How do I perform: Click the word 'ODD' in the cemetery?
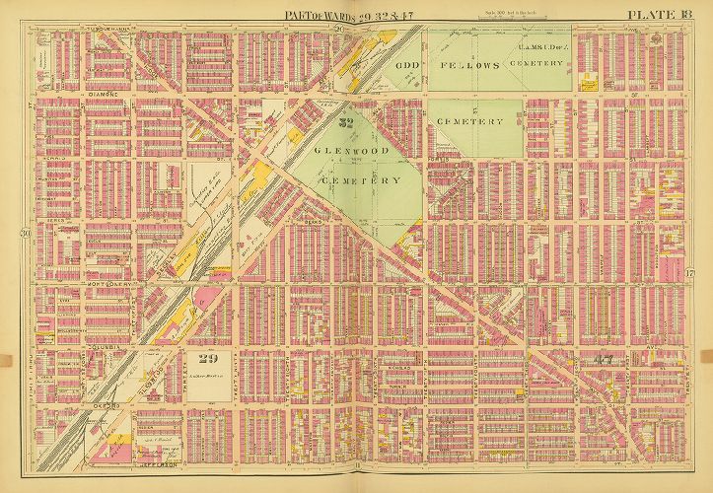pyautogui.click(x=408, y=66)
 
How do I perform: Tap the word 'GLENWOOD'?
pyautogui.click(x=353, y=150)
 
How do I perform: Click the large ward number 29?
pyautogui.click(x=206, y=357)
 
